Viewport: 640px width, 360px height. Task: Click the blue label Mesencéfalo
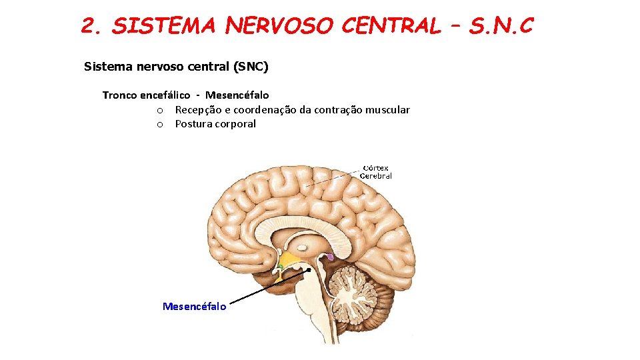click(x=194, y=306)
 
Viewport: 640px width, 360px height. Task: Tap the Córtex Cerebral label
click(x=375, y=172)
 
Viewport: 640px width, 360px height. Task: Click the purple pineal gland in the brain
click(x=329, y=256)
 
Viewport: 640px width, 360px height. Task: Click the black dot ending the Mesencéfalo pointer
click(x=309, y=270)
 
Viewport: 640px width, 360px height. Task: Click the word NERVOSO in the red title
click(x=279, y=26)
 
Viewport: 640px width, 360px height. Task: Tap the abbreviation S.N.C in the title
click(x=501, y=26)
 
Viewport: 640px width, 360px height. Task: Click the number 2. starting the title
click(x=91, y=26)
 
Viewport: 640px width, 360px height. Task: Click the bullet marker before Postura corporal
click(x=160, y=125)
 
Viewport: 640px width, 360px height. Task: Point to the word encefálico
click(x=165, y=95)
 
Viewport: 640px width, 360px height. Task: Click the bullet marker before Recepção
click(x=160, y=110)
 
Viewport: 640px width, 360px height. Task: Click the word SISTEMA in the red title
click(x=163, y=26)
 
